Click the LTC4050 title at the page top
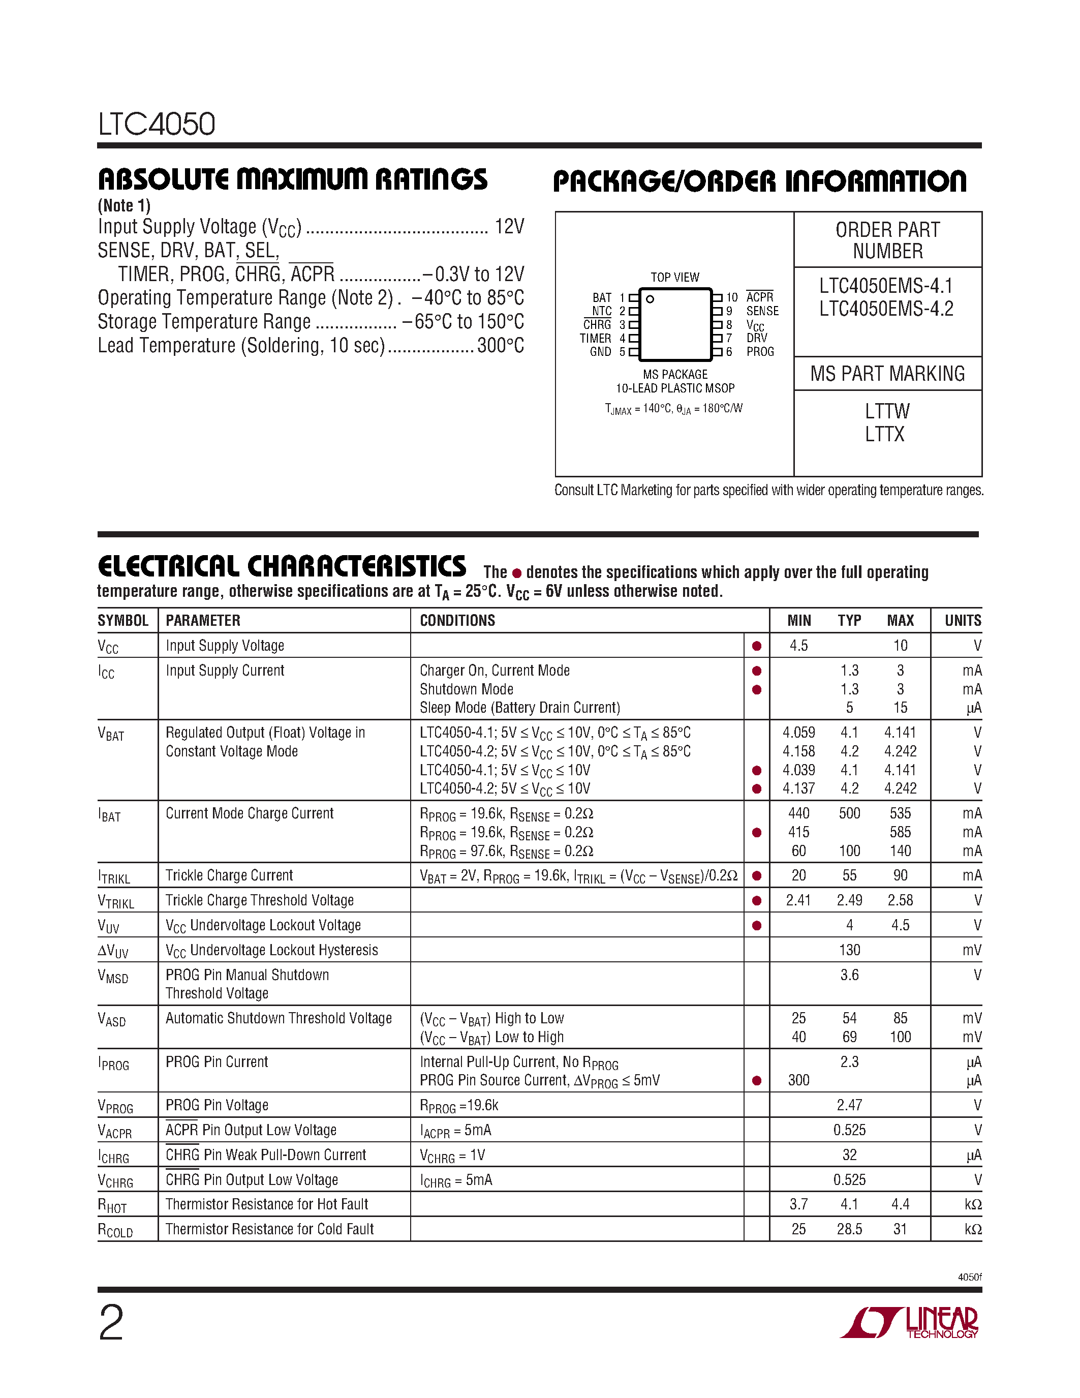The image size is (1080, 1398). coord(156,124)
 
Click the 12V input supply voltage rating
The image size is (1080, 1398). coord(509,227)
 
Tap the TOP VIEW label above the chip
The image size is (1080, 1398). coord(675,277)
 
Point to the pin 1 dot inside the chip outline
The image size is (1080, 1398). coord(650,299)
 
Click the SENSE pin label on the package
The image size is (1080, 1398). coord(763,311)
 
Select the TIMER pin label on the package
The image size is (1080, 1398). coord(596,338)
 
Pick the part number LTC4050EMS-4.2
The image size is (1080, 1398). coord(887,309)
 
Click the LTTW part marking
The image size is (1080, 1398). coord(887,411)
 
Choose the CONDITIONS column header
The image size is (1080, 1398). coord(457,620)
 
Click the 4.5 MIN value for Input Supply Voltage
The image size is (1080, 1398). coord(798,645)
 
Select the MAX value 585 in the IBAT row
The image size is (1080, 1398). coord(900,832)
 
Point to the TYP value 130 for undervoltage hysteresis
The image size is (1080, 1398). coord(849,950)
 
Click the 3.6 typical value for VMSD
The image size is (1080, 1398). coord(849,975)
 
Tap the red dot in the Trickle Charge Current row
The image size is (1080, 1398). coord(757,876)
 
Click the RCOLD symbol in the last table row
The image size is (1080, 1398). coord(115,1230)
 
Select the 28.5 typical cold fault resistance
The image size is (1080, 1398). coord(849,1229)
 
